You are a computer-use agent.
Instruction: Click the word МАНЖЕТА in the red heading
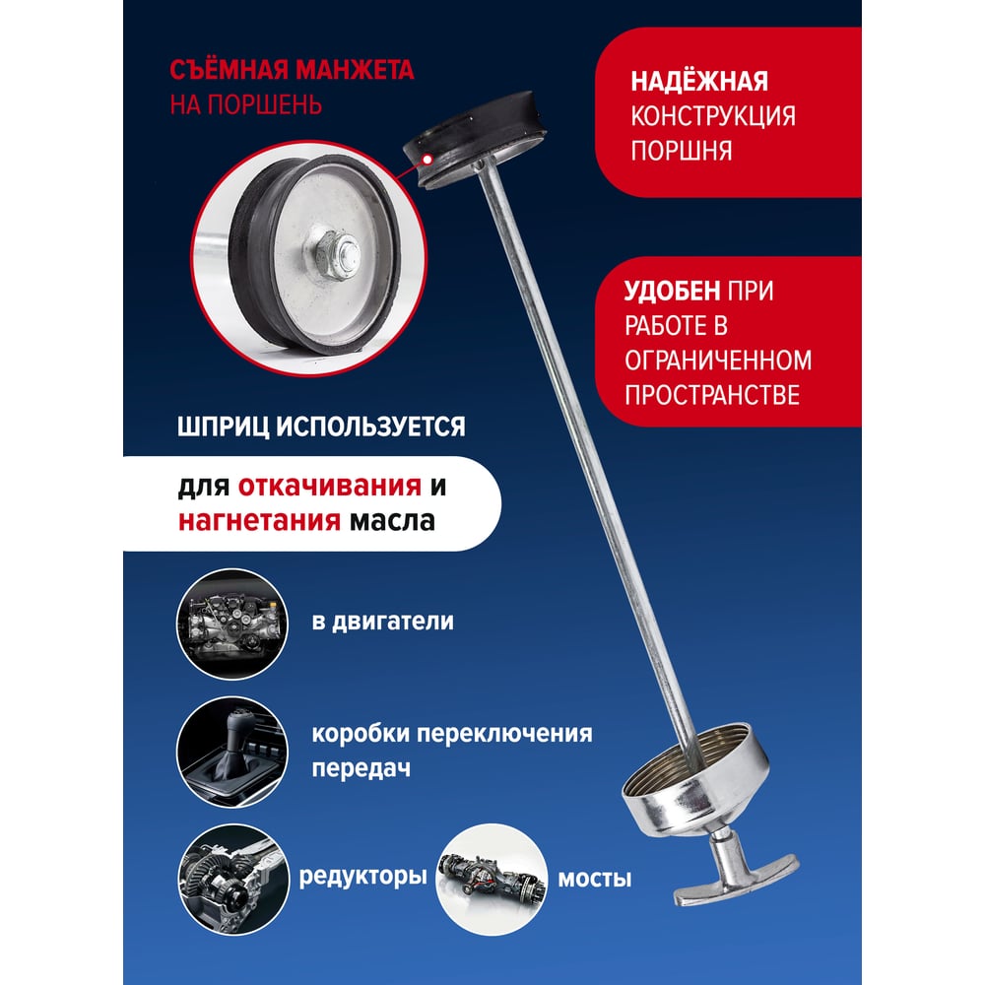pyautogui.click(x=355, y=70)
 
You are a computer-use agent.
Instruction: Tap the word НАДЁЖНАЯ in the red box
pyautogui.click(x=699, y=81)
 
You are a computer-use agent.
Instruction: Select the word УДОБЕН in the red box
pyautogui.click(x=672, y=291)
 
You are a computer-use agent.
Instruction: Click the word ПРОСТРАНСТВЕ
pyautogui.click(x=712, y=395)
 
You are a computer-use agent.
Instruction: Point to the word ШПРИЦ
pyautogui.click(x=223, y=427)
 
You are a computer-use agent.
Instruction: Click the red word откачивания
pyautogui.click(x=329, y=487)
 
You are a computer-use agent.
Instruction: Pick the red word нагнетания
pyautogui.click(x=259, y=521)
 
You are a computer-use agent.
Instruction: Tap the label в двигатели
pyautogui.click(x=382, y=622)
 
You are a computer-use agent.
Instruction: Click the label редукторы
pyautogui.click(x=363, y=876)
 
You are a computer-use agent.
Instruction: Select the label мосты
pyautogui.click(x=594, y=879)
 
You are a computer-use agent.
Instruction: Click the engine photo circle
pyautogui.click(x=232, y=624)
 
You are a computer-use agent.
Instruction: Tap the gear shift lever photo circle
pyautogui.click(x=232, y=752)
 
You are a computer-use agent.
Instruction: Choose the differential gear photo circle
pyautogui.click(x=233, y=880)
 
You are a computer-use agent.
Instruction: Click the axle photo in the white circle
pyautogui.click(x=492, y=880)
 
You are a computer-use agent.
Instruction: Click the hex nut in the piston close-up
pyautogui.click(x=332, y=255)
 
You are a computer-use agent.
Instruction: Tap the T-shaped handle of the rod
pyautogui.click(x=736, y=872)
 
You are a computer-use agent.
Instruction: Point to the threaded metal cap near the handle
pyautogui.click(x=696, y=781)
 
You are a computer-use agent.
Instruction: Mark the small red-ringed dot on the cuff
pyautogui.click(x=427, y=159)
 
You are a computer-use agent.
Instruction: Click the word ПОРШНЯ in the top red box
pyautogui.click(x=682, y=152)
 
